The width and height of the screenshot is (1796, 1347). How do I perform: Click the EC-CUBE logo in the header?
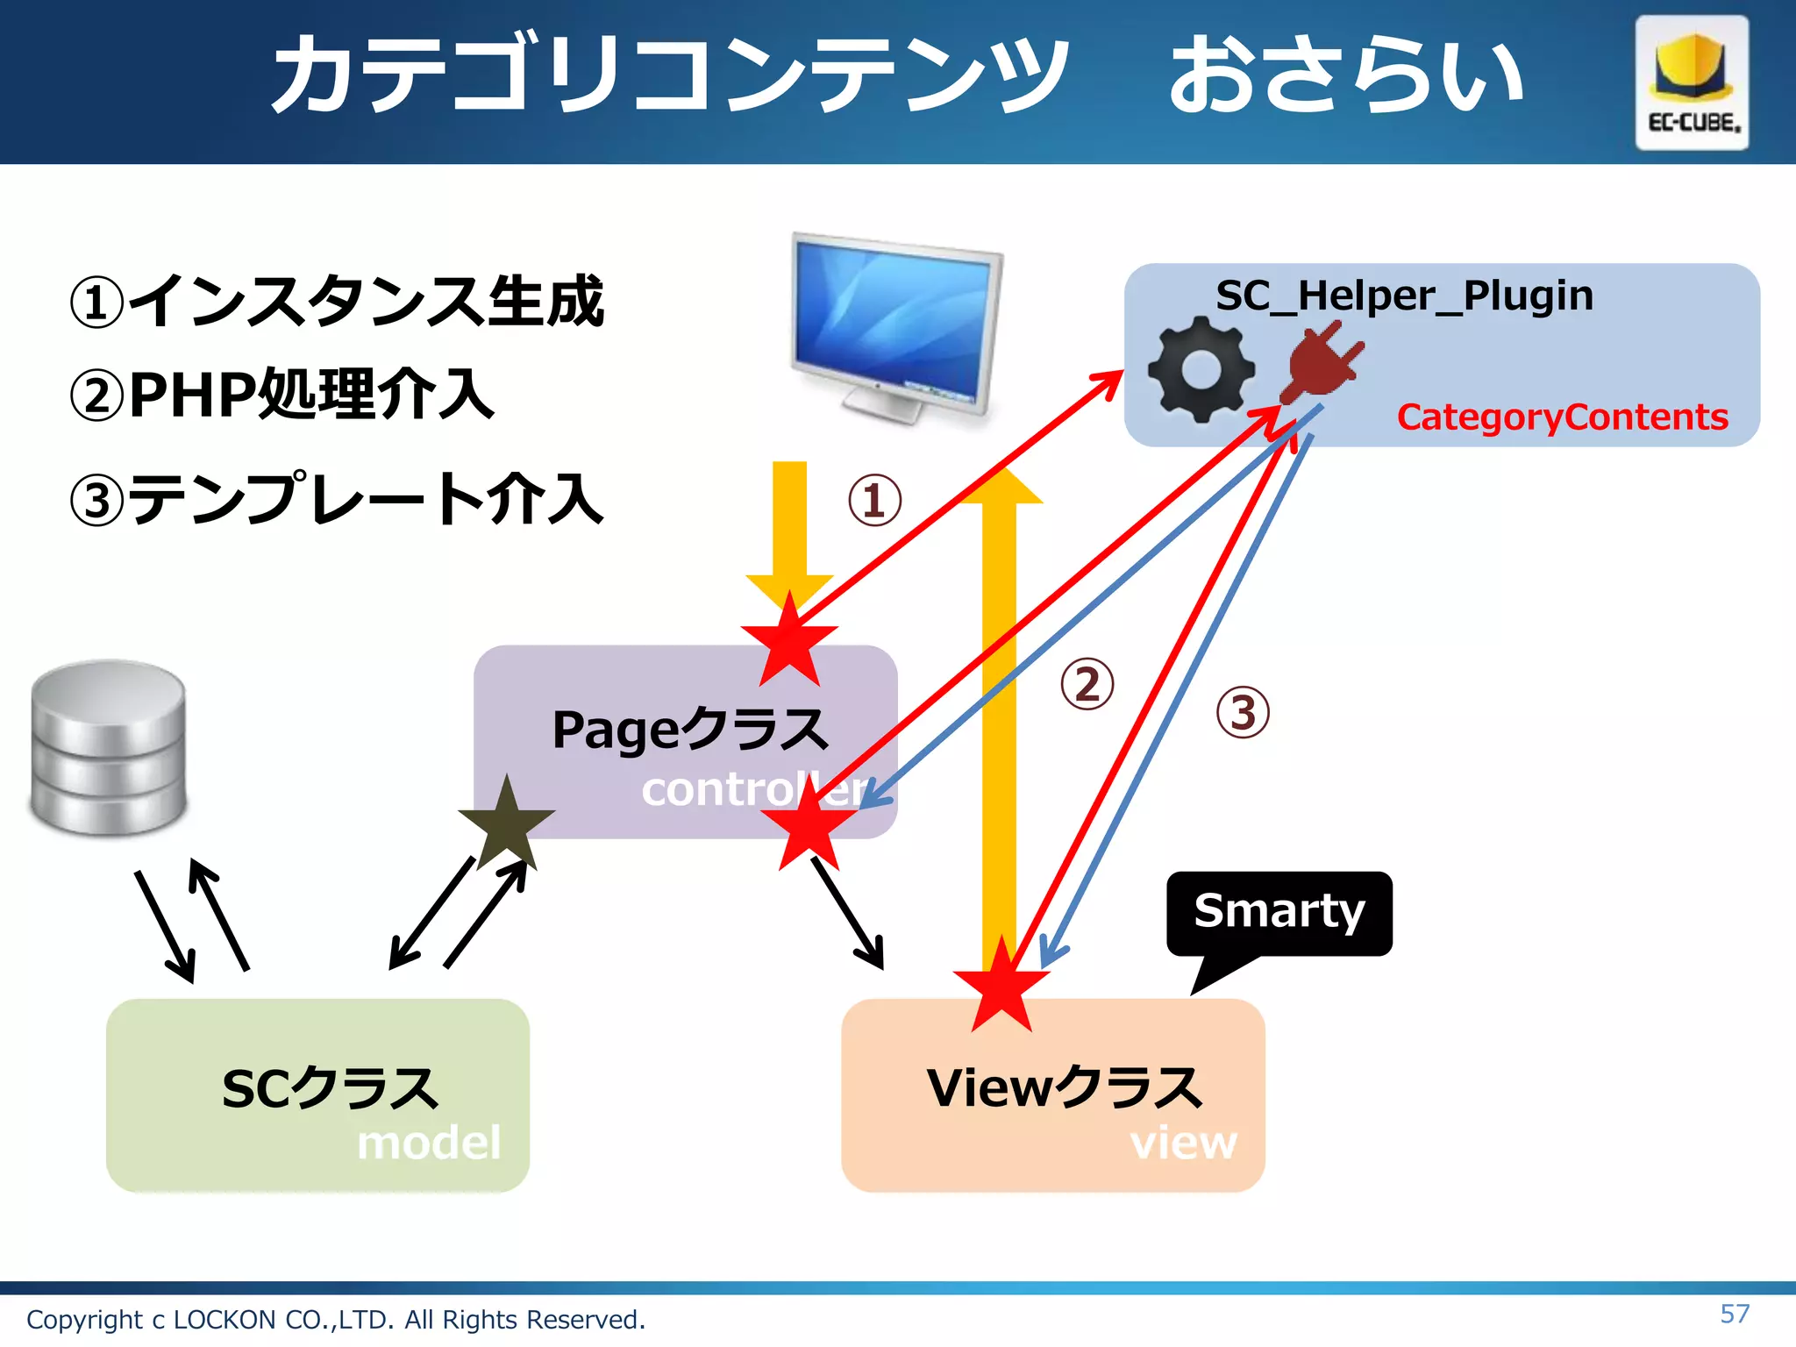pos(1692,82)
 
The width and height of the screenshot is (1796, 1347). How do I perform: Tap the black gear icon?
pos(1201,369)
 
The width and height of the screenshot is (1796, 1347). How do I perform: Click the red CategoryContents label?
pos(1562,417)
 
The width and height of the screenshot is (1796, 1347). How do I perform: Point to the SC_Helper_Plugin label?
pos(1404,296)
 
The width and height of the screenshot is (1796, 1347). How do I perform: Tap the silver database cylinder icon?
pos(109,747)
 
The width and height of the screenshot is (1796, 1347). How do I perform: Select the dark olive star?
pos(507,822)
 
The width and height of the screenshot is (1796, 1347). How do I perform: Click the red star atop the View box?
pos(1001,985)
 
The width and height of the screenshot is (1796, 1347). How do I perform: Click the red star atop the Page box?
pos(790,641)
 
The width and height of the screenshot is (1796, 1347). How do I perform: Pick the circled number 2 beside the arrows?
pos(1087,685)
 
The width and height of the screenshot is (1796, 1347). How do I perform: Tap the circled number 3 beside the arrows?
pos(1243,712)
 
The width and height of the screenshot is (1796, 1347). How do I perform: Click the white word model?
pos(429,1143)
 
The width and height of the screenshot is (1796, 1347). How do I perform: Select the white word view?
pos(1183,1143)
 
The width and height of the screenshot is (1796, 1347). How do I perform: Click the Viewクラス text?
pos(1065,1088)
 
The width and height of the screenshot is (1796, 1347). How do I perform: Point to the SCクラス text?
pos(330,1088)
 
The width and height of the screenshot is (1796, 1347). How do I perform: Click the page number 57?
pos(1735,1314)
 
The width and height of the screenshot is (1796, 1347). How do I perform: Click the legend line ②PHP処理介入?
pos(282,395)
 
